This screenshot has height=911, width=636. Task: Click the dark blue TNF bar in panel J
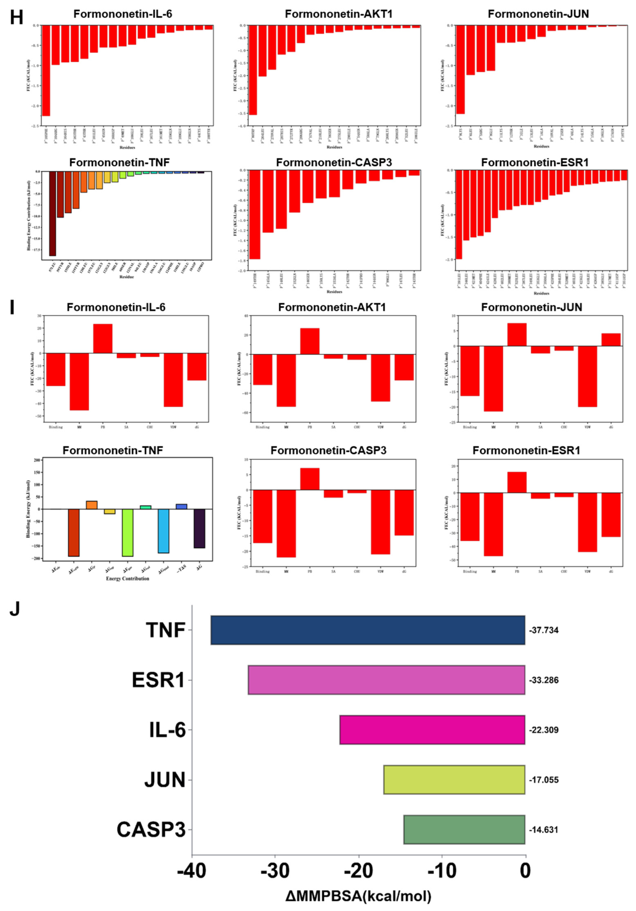[x=368, y=630]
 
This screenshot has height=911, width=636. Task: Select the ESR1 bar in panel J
[x=386, y=680]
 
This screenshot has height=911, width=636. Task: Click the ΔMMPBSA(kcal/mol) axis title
[x=358, y=896]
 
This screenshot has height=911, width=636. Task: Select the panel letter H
[x=16, y=18]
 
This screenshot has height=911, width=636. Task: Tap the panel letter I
[x=12, y=307]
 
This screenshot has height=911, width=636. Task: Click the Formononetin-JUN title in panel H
[x=538, y=14]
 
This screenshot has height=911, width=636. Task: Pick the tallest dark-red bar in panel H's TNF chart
[x=52, y=214]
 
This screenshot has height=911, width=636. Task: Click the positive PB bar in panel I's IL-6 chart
[x=103, y=338]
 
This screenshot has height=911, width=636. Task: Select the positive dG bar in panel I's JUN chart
[x=611, y=340]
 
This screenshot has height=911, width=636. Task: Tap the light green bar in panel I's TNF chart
[x=127, y=532]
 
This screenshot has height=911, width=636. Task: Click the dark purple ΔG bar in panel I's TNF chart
[x=200, y=529]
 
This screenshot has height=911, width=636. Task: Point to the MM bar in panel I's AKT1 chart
[x=286, y=380]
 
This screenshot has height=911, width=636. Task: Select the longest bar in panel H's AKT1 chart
[x=253, y=70]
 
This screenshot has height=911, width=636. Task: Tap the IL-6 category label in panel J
[x=167, y=730]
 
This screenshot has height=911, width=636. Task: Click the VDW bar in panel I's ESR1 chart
[x=587, y=522]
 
